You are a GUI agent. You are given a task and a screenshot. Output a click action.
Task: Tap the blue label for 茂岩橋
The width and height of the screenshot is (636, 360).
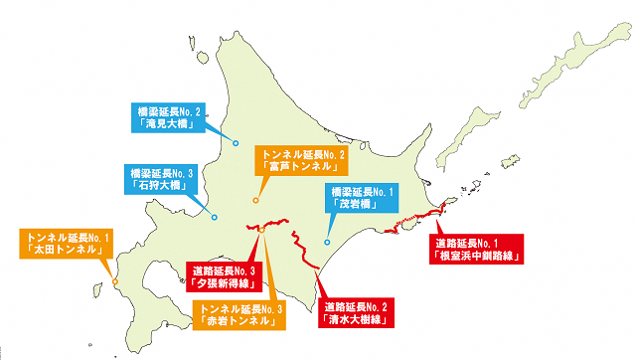[x=363, y=197]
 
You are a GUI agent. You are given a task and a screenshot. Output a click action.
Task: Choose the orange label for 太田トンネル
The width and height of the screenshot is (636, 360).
[x=68, y=244]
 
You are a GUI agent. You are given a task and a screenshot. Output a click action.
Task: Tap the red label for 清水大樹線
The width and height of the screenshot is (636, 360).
[x=357, y=314]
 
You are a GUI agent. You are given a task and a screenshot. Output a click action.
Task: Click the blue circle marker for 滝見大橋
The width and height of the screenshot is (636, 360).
[x=236, y=144]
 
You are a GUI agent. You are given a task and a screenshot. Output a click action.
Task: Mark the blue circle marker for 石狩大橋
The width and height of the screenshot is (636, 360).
[x=215, y=217]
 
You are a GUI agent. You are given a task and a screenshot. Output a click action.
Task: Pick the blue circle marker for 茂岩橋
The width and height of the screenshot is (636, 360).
[x=327, y=242]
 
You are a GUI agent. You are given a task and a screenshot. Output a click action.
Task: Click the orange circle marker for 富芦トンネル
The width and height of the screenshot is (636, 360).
[x=255, y=201]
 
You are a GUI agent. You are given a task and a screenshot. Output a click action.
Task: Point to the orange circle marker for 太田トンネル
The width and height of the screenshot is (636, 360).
[x=115, y=282]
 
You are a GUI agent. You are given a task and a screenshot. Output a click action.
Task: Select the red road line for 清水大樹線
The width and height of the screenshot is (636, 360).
[x=307, y=254]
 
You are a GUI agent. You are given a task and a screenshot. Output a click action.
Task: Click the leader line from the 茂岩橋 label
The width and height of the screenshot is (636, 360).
[x=327, y=224]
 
